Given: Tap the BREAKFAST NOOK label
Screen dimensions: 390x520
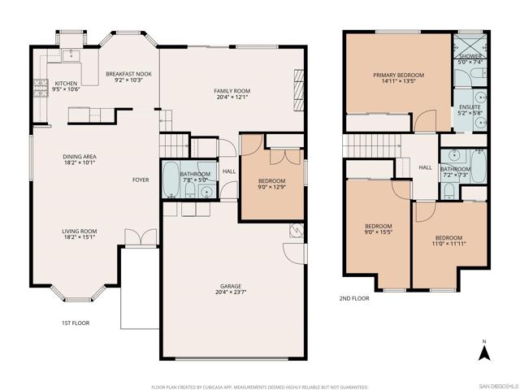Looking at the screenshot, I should [128, 74].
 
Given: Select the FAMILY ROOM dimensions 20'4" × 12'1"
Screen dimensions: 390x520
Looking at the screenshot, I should [232, 98].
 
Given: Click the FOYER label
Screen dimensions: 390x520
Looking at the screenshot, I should [141, 180].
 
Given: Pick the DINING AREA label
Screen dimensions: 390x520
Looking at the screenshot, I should [80, 156].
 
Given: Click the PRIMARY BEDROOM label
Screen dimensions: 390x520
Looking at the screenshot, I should [398, 76].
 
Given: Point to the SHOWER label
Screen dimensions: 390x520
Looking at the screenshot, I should [470, 57].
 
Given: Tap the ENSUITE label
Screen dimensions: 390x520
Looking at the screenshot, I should [470, 107].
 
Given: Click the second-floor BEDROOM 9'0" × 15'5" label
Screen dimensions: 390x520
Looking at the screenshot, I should [378, 226].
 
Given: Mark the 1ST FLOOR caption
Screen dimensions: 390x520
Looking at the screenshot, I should [76, 323].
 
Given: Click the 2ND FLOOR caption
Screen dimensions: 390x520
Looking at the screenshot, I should [354, 298].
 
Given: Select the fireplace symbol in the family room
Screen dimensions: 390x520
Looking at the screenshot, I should [298, 83].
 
